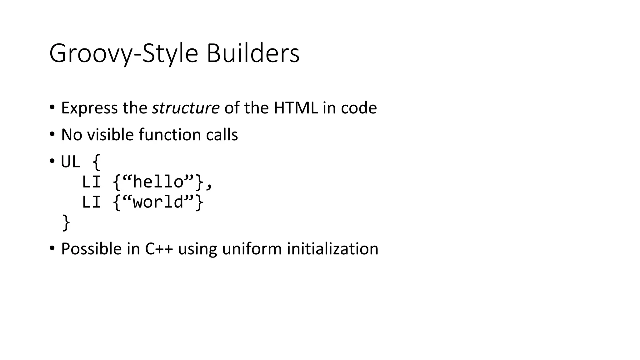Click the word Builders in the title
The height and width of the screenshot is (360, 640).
click(253, 53)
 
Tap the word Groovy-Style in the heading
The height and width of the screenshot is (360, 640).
click(123, 53)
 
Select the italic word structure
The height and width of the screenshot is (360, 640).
click(186, 108)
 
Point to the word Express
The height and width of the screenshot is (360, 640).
click(89, 108)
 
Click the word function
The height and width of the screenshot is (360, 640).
click(170, 135)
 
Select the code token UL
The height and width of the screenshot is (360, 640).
click(71, 162)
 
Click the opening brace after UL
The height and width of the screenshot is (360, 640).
click(97, 162)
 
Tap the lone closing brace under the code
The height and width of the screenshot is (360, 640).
click(66, 222)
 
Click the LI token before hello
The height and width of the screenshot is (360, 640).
click(91, 182)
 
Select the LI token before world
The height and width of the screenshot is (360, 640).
click(91, 202)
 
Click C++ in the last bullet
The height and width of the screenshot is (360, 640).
click(159, 249)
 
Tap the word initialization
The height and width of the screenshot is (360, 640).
click(332, 249)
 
